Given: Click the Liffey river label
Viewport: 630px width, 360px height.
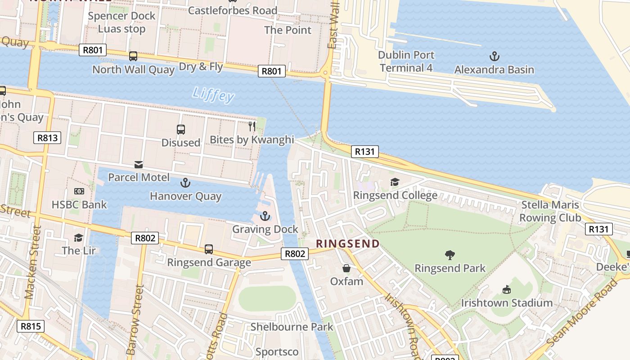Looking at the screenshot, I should click(213, 94).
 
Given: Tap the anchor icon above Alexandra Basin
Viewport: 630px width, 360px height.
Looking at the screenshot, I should click(494, 56).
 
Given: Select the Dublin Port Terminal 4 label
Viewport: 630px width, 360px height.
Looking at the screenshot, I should click(406, 62).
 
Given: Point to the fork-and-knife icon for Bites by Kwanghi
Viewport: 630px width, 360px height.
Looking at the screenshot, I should click(252, 126).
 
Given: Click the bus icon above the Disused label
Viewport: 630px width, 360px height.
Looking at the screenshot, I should click(181, 130).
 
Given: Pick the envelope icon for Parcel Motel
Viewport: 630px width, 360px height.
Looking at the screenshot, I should click(139, 165).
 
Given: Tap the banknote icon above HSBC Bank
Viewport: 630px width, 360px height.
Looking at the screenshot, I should click(79, 192).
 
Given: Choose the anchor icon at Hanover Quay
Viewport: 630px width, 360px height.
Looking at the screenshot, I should click(185, 183).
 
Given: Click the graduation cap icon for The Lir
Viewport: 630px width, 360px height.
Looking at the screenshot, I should click(79, 237).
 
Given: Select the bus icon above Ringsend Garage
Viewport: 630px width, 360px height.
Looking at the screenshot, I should click(208, 249).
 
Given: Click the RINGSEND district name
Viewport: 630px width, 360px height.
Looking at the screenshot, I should click(347, 244).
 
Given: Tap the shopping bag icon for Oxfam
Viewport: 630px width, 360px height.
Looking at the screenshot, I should click(346, 268).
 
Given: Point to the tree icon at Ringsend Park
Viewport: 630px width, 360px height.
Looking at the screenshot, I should click(450, 255).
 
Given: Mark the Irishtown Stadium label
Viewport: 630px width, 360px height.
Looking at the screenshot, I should click(507, 303).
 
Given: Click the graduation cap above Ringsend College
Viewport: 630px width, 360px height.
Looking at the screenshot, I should click(395, 182).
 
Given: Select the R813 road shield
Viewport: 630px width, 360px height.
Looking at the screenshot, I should click(47, 138).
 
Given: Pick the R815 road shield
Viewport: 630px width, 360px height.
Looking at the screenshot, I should click(31, 326).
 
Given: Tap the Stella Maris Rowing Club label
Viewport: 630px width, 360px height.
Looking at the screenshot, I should click(550, 211).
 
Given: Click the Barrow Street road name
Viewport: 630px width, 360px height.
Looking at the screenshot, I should click(133, 319).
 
